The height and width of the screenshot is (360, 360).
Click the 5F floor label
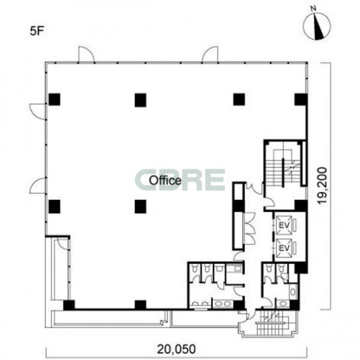pos(36,32)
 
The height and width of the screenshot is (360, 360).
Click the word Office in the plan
pos(165,180)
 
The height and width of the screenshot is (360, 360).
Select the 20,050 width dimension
pos(177,349)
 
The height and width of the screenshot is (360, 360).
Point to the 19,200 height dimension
pos(322,185)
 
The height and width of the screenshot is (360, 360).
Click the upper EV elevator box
pos(284,225)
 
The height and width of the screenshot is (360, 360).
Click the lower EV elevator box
pos(284,247)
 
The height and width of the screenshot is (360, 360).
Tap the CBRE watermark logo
pos(181,180)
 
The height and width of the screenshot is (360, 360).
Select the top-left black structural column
pos(54,99)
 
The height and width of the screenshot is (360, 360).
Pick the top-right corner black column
pos(300,99)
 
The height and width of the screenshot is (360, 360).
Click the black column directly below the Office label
pos(140,206)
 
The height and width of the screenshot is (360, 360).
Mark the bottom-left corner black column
pos(69,305)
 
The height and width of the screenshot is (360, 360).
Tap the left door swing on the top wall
pos(86,54)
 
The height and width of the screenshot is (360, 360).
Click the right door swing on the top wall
pos(210,54)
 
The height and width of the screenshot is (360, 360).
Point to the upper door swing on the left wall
pos(38,111)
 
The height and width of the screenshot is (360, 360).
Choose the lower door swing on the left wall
pos(38,185)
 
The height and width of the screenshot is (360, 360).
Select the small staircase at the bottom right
pos(273,322)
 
